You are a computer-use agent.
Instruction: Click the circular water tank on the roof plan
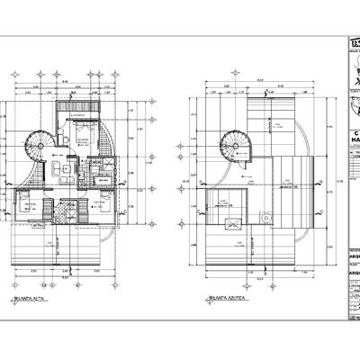pyautogui.click(x=266, y=217)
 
